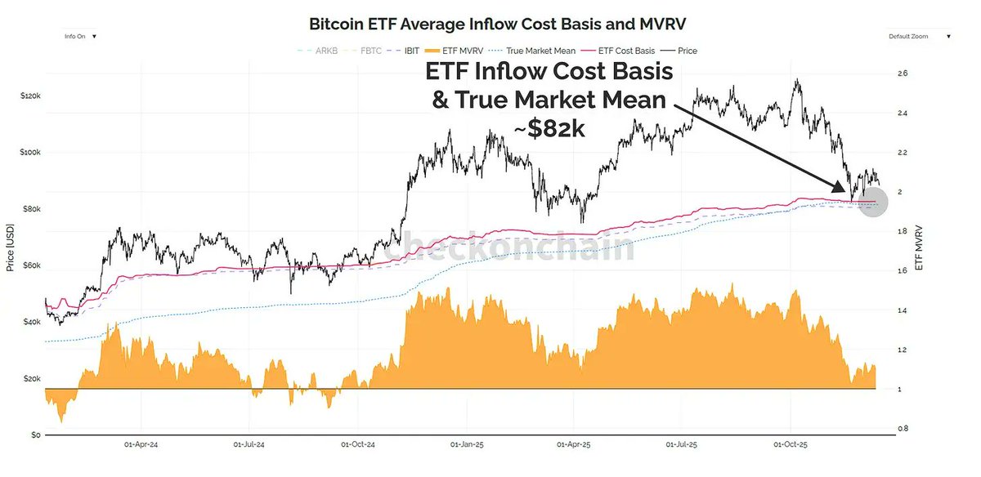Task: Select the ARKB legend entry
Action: (x=325, y=51)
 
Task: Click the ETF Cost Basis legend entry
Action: (x=629, y=51)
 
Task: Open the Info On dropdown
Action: (x=80, y=36)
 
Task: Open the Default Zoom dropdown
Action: (x=919, y=37)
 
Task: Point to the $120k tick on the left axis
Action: (x=30, y=96)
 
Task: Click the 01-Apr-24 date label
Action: (x=141, y=448)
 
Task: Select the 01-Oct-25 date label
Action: (x=790, y=448)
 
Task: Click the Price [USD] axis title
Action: (x=11, y=248)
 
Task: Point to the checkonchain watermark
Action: (x=509, y=247)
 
